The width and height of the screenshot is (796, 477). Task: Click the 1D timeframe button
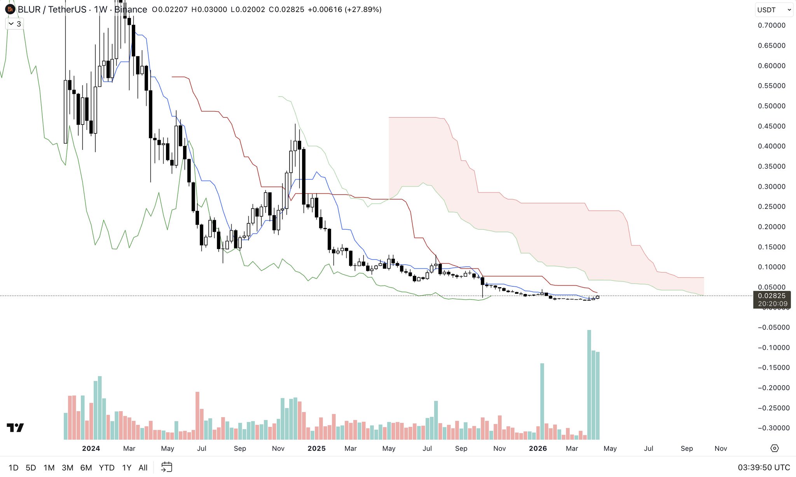[13, 467]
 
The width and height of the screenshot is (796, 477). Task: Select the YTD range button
[106, 467]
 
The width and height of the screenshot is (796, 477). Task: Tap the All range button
[143, 467]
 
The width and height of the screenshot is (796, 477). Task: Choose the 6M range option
[86, 467]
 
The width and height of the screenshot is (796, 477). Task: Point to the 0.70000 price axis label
[771, 25]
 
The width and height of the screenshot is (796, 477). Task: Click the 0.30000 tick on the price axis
[771, 186]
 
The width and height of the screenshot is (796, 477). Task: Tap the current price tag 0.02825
[771, 296]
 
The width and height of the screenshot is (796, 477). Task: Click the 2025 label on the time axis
[316, 448]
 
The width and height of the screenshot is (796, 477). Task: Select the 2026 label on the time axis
[538, 448]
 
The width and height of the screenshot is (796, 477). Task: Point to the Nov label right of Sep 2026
[721, 448]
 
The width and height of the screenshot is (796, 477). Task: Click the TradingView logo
[15, 428]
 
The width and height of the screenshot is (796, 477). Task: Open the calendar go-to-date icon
[167, 467]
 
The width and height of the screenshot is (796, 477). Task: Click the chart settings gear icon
[774, 448]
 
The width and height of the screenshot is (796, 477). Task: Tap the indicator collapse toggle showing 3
[15, 24]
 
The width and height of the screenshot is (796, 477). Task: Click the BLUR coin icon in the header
[10, 9]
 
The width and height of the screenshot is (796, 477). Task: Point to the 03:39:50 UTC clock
[764, 467]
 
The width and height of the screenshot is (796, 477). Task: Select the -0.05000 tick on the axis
[773, 327]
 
